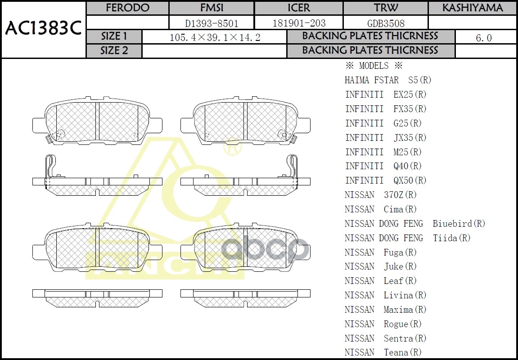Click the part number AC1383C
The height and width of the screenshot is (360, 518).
click(43, 29)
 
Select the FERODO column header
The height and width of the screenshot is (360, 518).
click(127, 8)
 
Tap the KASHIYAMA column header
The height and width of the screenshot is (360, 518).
click(472, 8)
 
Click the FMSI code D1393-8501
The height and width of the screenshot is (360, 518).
click(212, 23)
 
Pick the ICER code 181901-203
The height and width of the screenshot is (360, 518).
click(299, 23)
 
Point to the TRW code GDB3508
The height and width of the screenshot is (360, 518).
click(386, 23)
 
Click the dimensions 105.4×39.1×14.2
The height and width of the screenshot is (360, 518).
click(215, 38)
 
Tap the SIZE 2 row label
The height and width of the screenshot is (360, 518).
click(114, 51)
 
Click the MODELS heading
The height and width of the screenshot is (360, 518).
click(373, 66)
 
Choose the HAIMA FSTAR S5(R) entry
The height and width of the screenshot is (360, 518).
click(388, 80)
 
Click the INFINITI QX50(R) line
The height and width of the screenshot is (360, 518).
click(386, 180)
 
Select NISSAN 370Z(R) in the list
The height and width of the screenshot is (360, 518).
click(381, 195)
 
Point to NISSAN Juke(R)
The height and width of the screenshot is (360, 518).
click(381, 266)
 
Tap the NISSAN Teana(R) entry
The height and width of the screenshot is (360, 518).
click(383, 352)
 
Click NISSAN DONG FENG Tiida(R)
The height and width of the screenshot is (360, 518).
click(407, 238)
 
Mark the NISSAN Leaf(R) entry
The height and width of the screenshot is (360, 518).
click(381, 281)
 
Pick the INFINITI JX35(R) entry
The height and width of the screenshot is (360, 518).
click(386, 138)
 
